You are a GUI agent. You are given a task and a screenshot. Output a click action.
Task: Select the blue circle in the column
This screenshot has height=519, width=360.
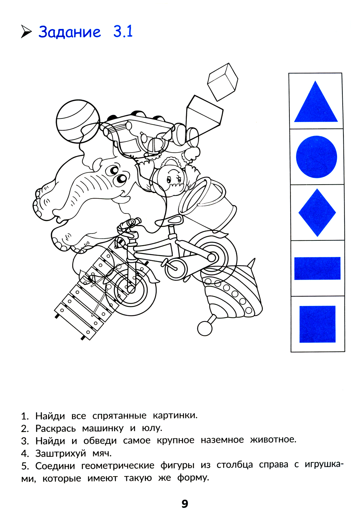click(x=316, y=157)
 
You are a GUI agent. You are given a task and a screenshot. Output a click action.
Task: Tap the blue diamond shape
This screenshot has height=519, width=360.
click(x=317, y=212)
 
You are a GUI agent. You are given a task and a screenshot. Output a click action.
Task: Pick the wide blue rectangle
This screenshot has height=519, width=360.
click(x=318, y=268)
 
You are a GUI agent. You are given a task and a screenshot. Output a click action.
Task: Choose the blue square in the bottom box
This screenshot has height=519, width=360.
click(x=318, y=324)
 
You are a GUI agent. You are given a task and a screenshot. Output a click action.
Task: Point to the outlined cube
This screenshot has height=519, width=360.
click(x=222, y=82)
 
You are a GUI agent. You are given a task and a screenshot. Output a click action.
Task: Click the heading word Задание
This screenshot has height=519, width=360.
click(x=69, y=32)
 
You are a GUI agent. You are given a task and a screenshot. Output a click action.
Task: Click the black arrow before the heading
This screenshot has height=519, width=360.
click(x=26, y=32)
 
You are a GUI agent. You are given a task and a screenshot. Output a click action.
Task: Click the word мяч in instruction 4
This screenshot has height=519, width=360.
click(x=102, y=453)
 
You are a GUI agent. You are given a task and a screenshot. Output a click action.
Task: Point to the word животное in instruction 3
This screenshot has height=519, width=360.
click(x=273, y=439)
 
